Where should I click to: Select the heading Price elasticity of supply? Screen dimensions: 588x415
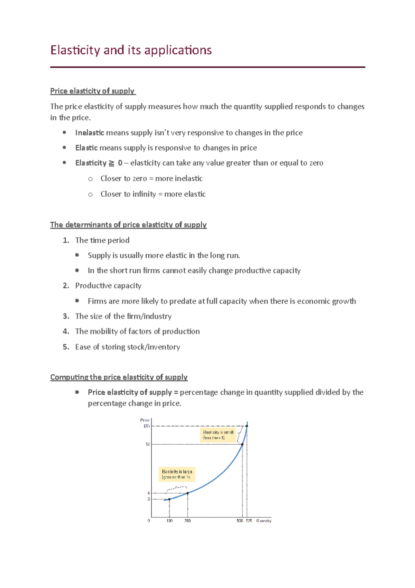(92, 91)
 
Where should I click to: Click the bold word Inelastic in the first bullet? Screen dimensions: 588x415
(89, 133)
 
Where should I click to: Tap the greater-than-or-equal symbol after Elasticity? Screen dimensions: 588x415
(111, 163)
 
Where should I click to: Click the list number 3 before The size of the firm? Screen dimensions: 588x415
(66, 317)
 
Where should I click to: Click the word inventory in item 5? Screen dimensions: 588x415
(164, 347)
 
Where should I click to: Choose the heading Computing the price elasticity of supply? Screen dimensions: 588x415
(119, 377)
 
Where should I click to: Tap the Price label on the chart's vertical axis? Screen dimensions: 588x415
(145, 420)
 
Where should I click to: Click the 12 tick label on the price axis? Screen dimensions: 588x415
(148, 444)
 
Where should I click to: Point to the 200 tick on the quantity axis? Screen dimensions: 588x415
(187, 521)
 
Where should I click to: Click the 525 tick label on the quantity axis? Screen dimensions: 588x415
(249, 521)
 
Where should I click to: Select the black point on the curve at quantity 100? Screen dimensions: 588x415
(169, 499)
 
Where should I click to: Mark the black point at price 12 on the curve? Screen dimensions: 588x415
(242, 444)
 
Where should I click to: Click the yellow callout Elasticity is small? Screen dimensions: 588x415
(218, 435)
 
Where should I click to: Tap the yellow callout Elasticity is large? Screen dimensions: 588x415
(177, 474)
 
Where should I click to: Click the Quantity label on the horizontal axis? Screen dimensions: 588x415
(264, 521)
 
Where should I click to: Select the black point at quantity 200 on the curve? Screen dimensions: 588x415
(187, 493)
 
